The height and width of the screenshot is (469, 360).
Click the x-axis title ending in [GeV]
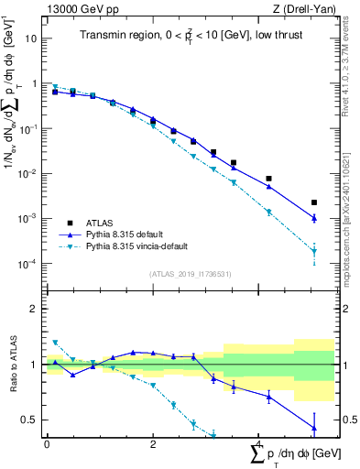click(289, 454)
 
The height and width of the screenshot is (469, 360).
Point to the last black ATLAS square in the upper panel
click(314, 202)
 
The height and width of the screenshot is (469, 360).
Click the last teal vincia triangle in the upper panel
click(314, 252)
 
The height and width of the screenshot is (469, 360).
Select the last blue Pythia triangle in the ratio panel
click(314, 428)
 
